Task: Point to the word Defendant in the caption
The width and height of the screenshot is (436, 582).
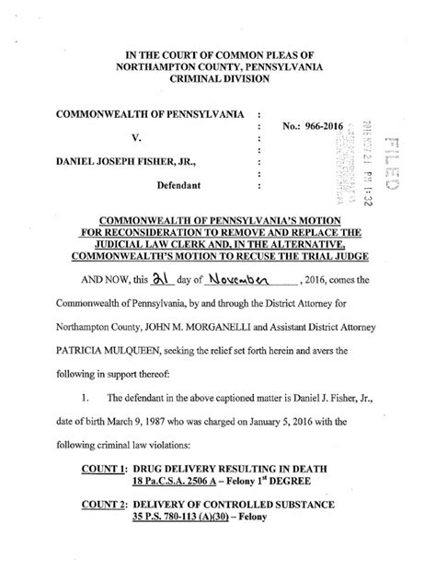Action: click(x=191, y=184)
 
